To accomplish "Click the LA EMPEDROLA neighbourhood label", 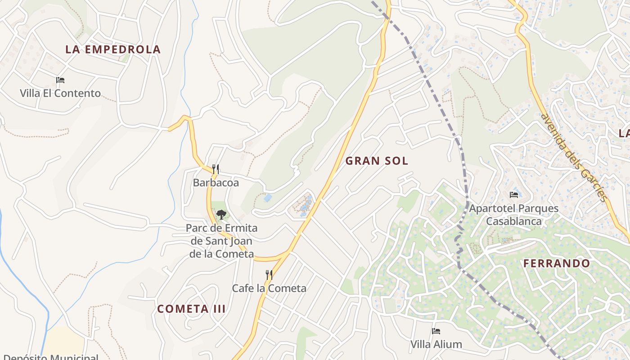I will [x=113, y=49].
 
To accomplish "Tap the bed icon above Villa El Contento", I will [x=60, y=81].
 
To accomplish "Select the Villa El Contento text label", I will [x=60, y=94].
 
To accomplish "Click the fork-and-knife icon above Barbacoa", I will [x=216, y=169].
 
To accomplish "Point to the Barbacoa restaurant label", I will [x=216, y=183].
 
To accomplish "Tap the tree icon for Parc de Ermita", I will [x=221, y=215].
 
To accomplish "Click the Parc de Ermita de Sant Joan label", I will [x=222, y=241].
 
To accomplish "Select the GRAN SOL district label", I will [x=377, y=161].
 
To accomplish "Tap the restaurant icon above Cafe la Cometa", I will [x=269, y=274].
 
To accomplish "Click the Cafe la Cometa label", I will [x=269, y=288].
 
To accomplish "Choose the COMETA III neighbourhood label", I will [x=191, y=309].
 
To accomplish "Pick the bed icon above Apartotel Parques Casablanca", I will [x=514, y=195].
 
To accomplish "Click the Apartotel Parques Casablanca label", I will [x=514, y=215].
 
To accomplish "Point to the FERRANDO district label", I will [x=557, y=264].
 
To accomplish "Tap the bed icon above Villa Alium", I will [x=436, y=332].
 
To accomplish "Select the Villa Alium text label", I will [x=436, y=345].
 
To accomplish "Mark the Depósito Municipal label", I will [x=50, y=357].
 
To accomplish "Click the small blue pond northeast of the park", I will [x=268, y=198].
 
